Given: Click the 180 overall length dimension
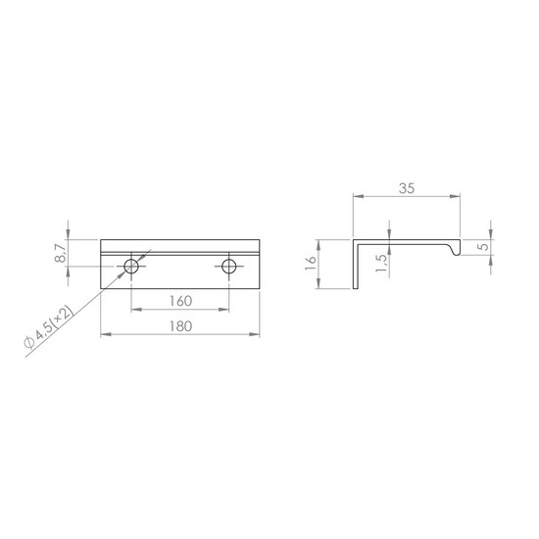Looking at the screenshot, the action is [181, 326].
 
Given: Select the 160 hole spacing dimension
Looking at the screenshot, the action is [181, 301].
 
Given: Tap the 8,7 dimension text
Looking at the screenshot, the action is [60, 254].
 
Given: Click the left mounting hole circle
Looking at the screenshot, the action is [131, 266].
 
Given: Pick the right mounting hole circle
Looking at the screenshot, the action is [229, 266].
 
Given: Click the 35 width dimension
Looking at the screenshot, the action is [407, 188].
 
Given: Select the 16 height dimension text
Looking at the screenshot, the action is [311, 264].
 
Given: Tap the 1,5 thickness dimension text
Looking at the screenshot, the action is [381, 264].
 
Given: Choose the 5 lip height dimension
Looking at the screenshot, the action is [484, 247].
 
